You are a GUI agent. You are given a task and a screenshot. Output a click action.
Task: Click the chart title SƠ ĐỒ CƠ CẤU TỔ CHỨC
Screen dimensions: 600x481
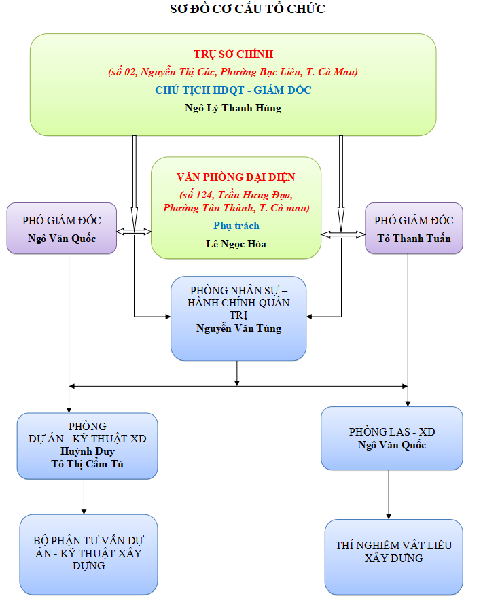point(247,9)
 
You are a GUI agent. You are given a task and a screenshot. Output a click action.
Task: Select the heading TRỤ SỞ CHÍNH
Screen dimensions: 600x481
point(233,54)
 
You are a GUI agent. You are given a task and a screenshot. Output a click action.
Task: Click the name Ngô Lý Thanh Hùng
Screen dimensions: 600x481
point(233,108)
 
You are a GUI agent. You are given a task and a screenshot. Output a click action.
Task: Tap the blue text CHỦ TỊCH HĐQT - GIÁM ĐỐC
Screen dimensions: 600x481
point(233,90)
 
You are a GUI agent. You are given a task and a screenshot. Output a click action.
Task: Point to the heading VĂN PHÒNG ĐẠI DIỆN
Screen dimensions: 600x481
point(236,177)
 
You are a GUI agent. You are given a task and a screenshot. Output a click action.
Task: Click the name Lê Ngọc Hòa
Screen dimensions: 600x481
point(236,243)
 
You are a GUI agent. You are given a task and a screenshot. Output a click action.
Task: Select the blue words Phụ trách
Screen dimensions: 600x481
point(236,226)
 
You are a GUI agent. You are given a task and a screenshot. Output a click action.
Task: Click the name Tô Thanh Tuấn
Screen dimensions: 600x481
point(414,239)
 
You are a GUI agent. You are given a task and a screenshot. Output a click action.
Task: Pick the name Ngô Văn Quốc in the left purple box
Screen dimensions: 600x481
point(62,239)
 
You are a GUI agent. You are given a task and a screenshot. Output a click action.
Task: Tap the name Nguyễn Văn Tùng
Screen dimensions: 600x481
point(238,328)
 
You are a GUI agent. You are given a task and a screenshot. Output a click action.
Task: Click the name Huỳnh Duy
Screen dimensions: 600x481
point(87,451)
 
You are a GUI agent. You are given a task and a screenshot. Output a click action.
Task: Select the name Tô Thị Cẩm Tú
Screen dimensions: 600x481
point(87,463)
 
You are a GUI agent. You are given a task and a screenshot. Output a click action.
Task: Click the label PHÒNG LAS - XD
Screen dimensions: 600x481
point(392,432)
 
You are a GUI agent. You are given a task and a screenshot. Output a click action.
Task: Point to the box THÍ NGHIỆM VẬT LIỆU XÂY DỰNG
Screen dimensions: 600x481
point(393,552)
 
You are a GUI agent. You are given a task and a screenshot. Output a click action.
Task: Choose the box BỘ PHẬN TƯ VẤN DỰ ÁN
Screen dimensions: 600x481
point(88,552)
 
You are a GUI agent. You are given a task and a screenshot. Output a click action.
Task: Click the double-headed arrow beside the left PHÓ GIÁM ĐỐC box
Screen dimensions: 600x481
point(134,232)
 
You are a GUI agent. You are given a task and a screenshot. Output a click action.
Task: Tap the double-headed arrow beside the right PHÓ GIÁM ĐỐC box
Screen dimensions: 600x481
point(342,234)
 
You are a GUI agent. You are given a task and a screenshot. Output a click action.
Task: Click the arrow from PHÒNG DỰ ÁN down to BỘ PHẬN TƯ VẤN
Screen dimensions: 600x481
point(84,497)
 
